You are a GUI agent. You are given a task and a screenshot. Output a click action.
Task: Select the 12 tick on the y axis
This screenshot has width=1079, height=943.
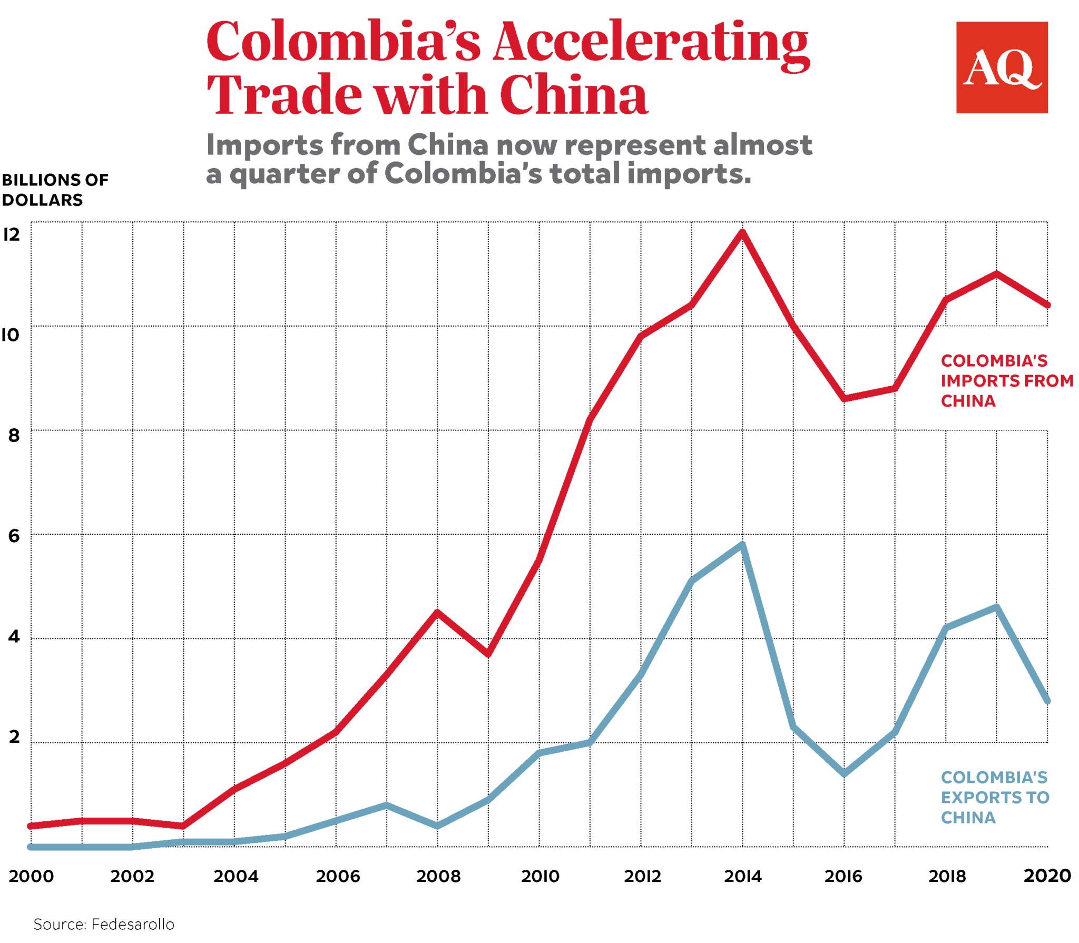(x=12, y=234)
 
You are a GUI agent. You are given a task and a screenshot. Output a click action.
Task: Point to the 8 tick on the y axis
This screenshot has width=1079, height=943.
(x=14, y=435)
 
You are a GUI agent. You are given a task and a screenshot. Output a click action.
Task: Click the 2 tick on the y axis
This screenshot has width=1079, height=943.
(x=14, y=736)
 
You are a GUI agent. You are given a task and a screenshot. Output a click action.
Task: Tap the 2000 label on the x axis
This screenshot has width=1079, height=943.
(x=31, y=876)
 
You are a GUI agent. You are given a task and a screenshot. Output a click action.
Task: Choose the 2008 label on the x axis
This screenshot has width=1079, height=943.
(x=438, y=876)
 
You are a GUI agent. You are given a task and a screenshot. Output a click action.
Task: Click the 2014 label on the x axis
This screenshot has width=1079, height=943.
(x=742, y=876)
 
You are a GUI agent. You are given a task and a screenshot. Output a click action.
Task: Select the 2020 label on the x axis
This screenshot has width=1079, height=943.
(x=1046, y=876)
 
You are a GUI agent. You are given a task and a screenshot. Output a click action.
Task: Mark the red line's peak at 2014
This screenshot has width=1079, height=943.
(x=742, y=232)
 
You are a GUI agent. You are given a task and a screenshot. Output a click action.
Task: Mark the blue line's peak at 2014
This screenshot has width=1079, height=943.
(x=742, y=544)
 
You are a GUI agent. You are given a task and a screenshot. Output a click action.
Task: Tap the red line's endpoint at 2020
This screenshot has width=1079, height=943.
(x=1047, y=304)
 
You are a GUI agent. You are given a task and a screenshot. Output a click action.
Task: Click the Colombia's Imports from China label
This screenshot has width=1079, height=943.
(x=1006, y=380)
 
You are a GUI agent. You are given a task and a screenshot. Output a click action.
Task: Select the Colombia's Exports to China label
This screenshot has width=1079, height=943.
(x=994, y=797)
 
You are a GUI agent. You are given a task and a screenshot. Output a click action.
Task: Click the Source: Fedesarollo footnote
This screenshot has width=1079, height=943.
(x=104, y=924)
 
